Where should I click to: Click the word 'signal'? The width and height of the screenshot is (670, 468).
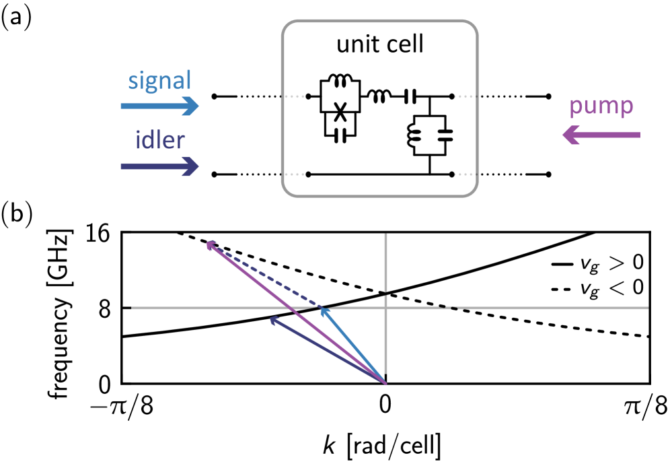159,81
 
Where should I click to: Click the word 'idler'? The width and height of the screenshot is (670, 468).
160,140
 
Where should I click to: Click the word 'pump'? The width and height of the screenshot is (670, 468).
601,106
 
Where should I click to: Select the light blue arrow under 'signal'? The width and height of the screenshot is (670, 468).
159,106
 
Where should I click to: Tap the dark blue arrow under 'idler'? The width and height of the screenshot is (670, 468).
159,166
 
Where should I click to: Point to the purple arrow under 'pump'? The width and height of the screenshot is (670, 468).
601,135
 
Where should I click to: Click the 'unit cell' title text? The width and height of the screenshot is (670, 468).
380,44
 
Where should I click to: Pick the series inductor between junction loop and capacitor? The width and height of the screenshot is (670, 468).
378,97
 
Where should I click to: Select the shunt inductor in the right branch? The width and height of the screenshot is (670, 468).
414,135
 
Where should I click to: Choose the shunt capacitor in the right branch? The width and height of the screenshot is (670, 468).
445,135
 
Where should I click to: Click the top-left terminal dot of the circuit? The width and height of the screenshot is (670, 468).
308,97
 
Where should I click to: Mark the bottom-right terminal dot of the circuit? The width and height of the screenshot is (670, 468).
451,174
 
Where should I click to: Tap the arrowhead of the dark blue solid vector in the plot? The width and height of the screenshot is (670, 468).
273,319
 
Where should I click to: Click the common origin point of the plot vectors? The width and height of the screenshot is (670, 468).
385,383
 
